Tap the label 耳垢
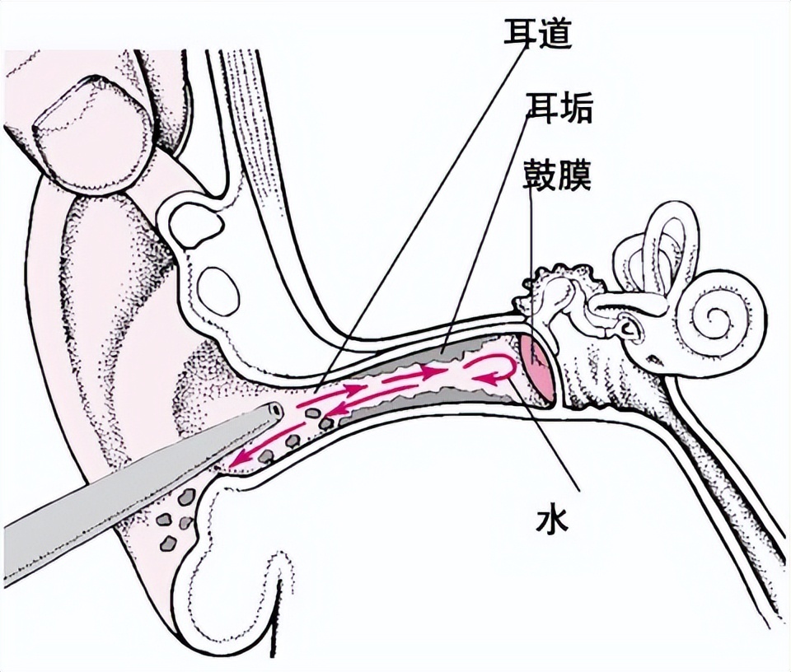558,107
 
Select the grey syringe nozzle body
124,478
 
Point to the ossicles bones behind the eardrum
569,305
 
